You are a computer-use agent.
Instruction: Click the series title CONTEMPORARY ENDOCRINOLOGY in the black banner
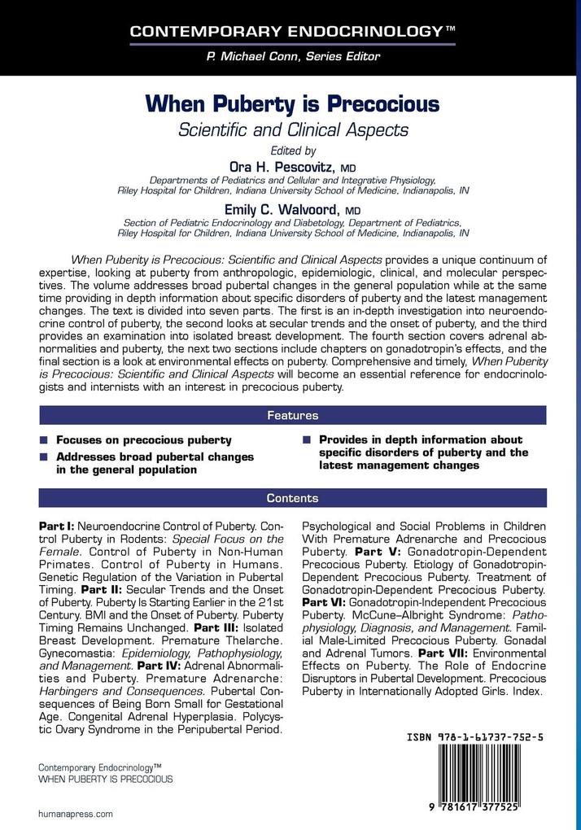(284, 33)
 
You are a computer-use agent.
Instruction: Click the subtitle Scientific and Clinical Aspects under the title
(292, 129)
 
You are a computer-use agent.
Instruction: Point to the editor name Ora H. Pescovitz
(286, 166)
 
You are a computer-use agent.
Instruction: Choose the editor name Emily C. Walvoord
(286, 210)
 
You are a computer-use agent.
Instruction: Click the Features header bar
(292, 416)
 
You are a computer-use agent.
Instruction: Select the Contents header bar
(292, 498)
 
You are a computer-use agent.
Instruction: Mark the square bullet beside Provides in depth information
(307, 440)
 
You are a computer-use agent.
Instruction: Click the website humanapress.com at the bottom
(76, 813)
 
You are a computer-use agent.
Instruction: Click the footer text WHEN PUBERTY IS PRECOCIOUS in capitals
(106, 779)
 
